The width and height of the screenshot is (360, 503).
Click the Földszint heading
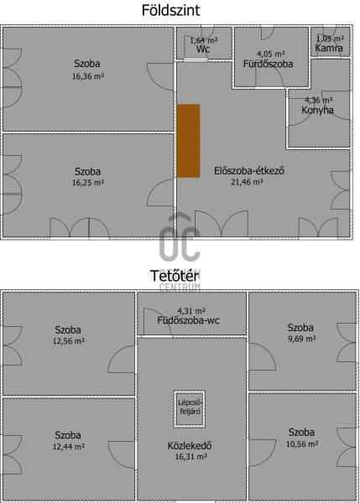tap(170, 10)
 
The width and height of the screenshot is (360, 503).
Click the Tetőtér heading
tap(175, 276)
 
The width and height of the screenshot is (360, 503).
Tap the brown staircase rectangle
tap(188, 141)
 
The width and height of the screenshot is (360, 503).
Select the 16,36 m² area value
tap(87, 76)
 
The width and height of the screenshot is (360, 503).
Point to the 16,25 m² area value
tap(87, 183)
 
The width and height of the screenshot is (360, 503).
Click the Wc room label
tap(203, 49)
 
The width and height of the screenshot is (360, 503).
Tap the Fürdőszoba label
tap(268, 64)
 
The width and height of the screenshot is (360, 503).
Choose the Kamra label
tap(329, 48)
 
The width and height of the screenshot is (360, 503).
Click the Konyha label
tap(317, 110)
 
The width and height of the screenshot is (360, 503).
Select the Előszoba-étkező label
tap(249, 170)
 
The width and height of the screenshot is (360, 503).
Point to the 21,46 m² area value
tap(247, 182)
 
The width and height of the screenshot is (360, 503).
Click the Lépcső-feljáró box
tap(190, 409)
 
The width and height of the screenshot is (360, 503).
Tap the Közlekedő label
tap(190, 446)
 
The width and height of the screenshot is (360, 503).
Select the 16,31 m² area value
tap(190, 457)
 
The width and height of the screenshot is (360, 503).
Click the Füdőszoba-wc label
tap(189, 320)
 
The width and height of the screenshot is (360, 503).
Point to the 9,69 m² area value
tap(302, 339)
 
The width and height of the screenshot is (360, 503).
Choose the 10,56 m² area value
tap(302, 444)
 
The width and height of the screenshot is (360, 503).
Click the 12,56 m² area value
tap(69, 341)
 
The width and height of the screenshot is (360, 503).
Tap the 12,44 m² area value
tap(69, 446)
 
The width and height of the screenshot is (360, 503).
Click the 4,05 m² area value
tap(271, 54)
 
